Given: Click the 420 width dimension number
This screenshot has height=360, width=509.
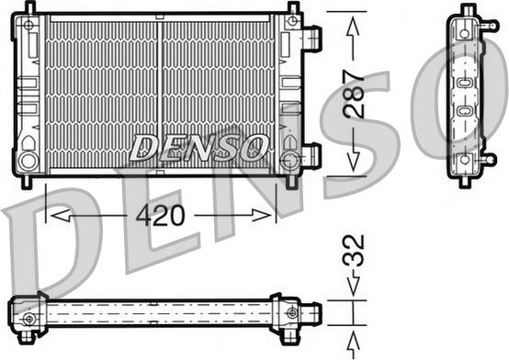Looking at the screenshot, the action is click(x=160, y=216).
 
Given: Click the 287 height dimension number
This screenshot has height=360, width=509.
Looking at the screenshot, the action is click(x=355, y=95).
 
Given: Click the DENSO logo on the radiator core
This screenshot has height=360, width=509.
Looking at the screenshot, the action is click(x=198, y=148).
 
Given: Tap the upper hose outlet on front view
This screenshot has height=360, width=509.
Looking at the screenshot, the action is click(x=311, y=38).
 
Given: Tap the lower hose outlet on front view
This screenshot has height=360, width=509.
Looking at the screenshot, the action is click(x=311, y=155).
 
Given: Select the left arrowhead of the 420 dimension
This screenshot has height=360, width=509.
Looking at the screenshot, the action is click(x=60, y=215).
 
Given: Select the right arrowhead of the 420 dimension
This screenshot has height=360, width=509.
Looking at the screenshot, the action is click(x=261, y=215).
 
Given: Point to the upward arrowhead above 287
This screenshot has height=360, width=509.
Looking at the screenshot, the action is click(x=353, y=28).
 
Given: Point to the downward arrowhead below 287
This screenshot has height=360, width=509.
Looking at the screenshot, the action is click(x=353, y=162).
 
